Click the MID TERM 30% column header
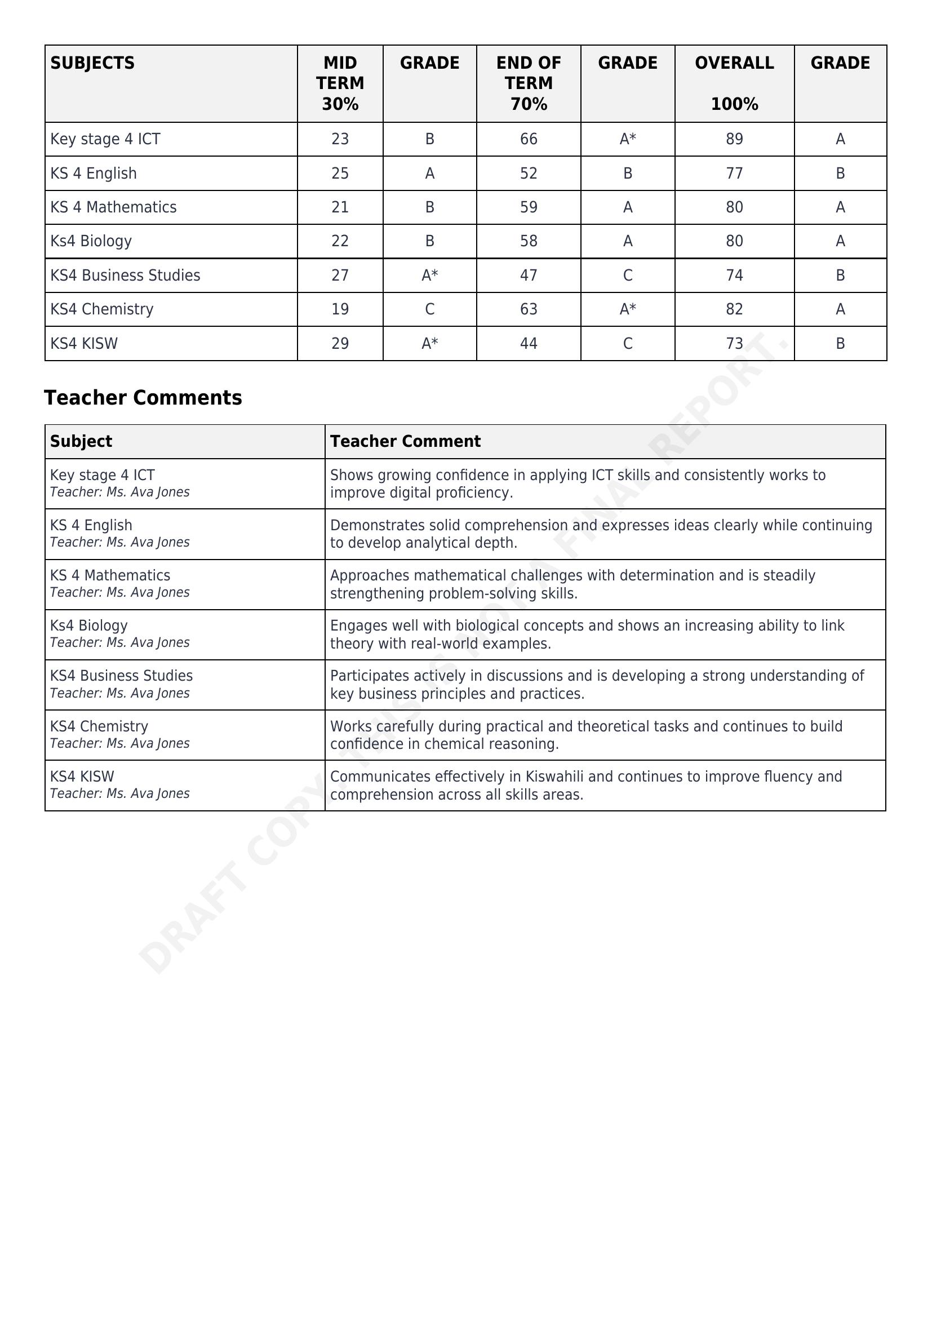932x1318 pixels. click(340, 83)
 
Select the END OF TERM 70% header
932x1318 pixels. click(528, 83)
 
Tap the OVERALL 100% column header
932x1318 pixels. click(734, 83)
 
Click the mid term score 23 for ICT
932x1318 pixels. click(340, 139)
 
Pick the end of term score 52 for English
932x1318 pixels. click(528, 174)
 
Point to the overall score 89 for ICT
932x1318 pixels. click(734, 139)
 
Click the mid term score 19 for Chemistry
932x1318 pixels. click(340, 309)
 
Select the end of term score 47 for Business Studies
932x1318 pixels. click(528, 276)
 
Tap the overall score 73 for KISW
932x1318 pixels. click(734, 343)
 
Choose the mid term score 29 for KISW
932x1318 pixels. click(340, 343)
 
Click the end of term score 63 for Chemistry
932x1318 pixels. click(528, 309)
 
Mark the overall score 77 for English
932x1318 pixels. click(734, 174)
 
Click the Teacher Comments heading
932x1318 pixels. click(143, 398)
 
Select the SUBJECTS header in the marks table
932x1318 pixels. click(92, 63)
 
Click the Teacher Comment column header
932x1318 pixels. click(405, 441)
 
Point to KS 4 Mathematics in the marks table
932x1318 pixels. click(113, 207)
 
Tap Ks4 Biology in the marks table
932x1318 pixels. click(91, 241)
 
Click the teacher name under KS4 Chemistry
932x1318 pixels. click(119, 743)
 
